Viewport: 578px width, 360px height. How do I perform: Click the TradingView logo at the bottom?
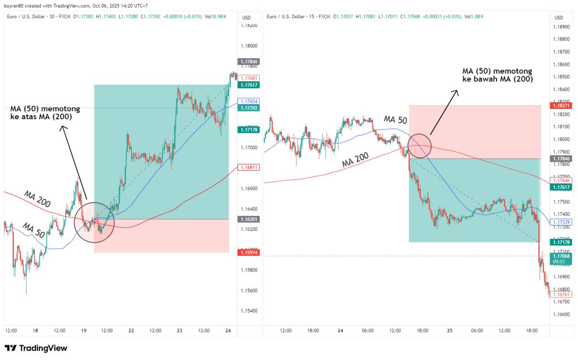(x=36, y=348)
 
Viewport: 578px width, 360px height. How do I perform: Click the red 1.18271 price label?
(x=560, y=105)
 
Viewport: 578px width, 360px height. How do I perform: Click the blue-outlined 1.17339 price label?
(x=560, y=222)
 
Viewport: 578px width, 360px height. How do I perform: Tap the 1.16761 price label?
(x=560, y=295)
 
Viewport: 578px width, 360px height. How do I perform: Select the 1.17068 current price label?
(x=560, y=256)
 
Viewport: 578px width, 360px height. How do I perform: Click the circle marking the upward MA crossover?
(x=94, y=222)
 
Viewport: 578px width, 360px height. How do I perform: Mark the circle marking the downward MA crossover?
(x=420, y=146)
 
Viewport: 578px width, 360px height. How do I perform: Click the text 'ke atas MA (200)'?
(x=41, y=117)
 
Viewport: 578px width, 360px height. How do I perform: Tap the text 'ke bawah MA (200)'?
(x=498, y=79)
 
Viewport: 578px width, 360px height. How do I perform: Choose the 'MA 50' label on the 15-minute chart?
(x=395, y=119)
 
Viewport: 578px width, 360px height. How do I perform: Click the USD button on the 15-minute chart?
(x=559, y=18)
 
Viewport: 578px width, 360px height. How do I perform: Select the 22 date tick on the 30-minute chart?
(x=131, y=331)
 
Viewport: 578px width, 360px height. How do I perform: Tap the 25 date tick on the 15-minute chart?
(x=450, y=331)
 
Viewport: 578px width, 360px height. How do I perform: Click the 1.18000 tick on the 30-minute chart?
(x=249, y=46)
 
